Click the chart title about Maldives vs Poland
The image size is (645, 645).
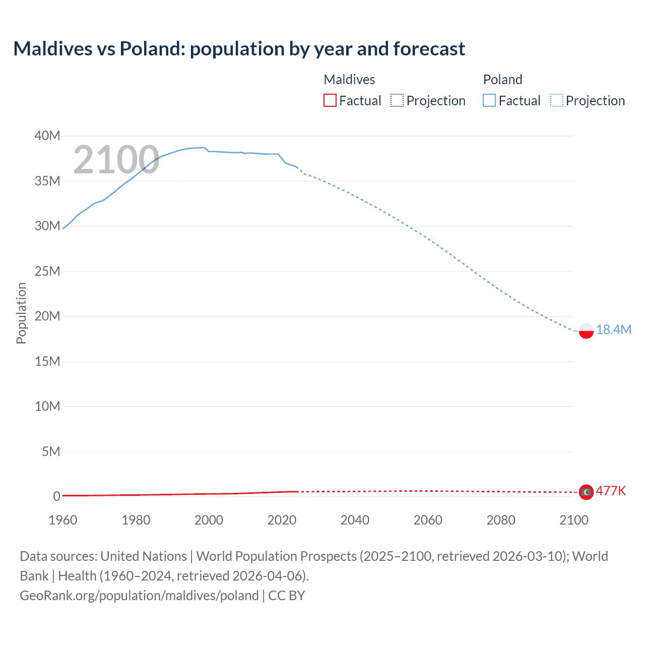tap(239, 49)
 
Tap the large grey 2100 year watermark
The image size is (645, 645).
tap(116, 160)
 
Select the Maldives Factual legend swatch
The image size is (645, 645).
tap(330, 101)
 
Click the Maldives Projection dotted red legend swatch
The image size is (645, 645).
tap(397, 101)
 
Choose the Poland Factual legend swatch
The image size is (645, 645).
tap(489, 101)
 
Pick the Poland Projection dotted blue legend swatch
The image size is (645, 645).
tap(557, 101)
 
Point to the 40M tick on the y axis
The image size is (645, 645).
tap(47, 136)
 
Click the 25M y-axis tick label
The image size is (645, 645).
tap(47, 271)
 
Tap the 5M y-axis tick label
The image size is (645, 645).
tap(51, 451)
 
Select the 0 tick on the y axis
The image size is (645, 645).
tap(56, 496)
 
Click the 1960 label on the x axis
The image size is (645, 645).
tap(63, 520)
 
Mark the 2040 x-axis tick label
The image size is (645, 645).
tap(355, 520)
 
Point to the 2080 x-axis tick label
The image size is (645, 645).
tap(501, 520)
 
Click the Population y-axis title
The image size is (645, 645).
tap(21, 313)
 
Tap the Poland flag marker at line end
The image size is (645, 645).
tap(586, 331)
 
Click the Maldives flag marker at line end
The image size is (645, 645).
tap(586, 492)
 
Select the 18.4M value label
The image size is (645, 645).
tap(613, 330)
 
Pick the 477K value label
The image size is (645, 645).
tap(611, 491)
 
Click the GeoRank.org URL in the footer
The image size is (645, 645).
tap(139, 595)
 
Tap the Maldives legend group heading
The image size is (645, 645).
tap(349, 80)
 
